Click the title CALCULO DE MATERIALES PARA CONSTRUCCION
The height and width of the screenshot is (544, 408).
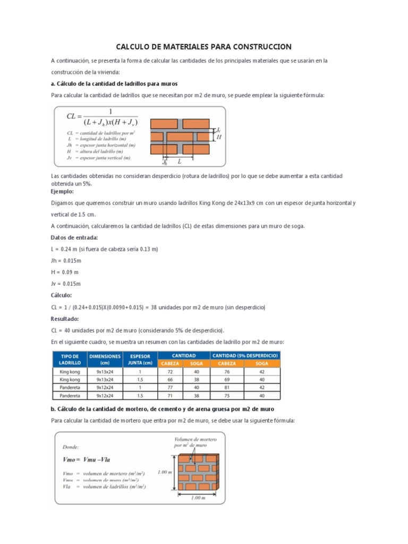[204, 47]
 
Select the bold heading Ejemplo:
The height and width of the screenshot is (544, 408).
[62, 191]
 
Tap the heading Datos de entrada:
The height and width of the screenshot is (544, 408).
[74, 237]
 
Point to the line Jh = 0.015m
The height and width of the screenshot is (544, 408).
[66, 260]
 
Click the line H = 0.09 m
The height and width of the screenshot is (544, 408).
[64, 272]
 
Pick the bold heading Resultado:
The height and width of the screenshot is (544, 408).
[65, 319]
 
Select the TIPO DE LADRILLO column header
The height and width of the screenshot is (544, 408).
[70, 359]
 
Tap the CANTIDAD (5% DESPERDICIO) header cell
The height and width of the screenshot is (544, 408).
[245, 355]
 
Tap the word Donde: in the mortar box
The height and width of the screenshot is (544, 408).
[71, 447]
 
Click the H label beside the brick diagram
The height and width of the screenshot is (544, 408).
[219, 137]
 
